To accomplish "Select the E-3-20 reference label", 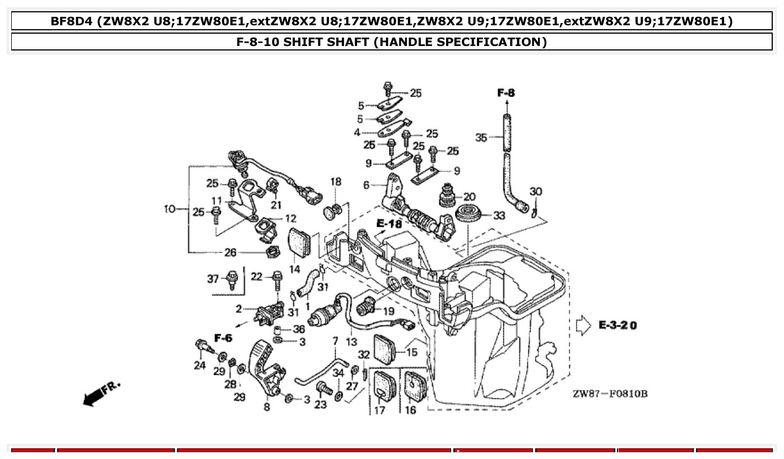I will (618, 325).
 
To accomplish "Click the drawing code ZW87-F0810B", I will (610, 394).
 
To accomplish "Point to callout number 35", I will (481, 137).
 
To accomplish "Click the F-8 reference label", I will (506, 93).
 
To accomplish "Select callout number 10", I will (170, 209).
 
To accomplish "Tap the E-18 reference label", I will (389, 224).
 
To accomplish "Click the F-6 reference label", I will (223, 338).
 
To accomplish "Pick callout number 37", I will (213, 279).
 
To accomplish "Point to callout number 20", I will (469, 197).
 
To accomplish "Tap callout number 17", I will (379, 410).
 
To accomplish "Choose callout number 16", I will (410, 410).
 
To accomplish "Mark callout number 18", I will (336, 182).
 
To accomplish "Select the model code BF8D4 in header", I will (71, 21).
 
